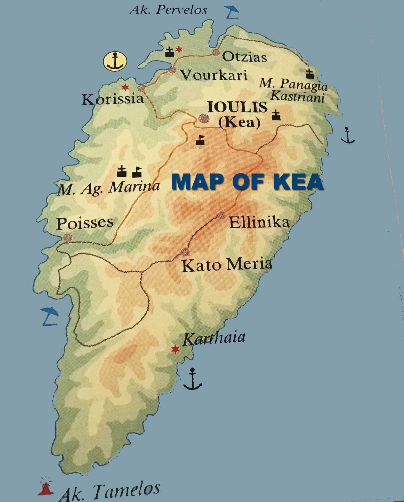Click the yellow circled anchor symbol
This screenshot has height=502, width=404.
[x=115, y=61]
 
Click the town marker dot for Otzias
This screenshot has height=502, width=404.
[x=215, y=53]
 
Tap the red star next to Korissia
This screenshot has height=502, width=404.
[x=125, y=88]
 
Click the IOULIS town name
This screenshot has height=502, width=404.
[x=237, y=107]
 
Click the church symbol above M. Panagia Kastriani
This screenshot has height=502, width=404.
[x=310, y=74]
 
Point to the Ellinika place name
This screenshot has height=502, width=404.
[x=259, y=222]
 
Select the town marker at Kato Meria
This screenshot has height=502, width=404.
[x=185, y=251]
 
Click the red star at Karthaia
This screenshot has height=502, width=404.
[x=176, y=349]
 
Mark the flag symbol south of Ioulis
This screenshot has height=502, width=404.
[x=200, y=140]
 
